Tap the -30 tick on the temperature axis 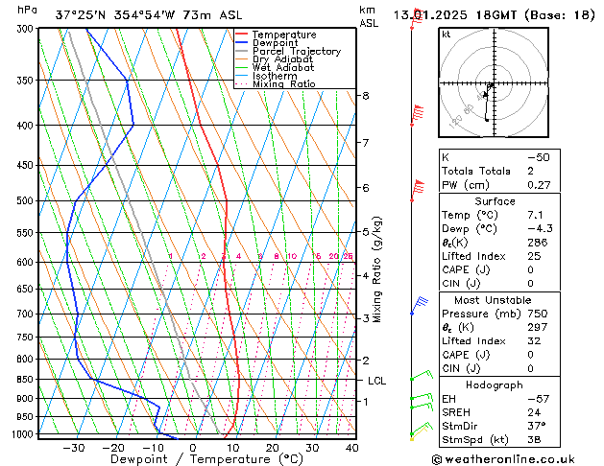[73, 448]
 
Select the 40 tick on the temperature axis [351, 448]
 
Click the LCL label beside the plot [377, 381]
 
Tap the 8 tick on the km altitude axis [365, 96]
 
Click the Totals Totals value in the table [531, 171]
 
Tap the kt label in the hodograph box [446, 35]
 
